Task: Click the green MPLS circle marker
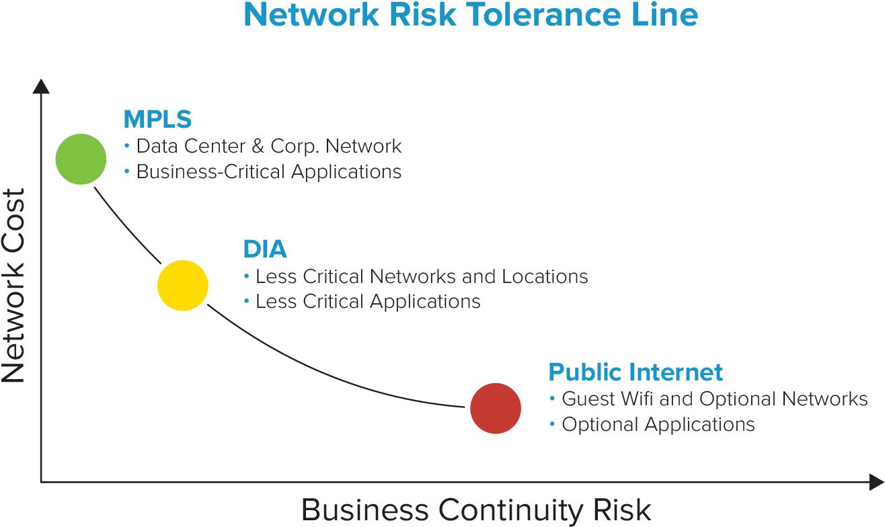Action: pos(81,159)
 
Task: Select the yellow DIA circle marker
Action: pos(182,286)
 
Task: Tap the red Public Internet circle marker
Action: pos(496,408)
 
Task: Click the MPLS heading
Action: pos(157,120)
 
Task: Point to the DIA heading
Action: pos(265,249)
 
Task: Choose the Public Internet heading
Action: pos(636,372)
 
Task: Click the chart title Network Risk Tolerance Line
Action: pos(470,15)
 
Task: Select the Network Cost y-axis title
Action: pos(13,286)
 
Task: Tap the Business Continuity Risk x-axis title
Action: pos(476,510)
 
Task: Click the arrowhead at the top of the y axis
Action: pos(41,86)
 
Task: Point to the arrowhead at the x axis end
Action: pos(876,481)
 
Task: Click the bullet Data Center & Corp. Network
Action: pos(269,146)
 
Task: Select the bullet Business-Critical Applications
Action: pos(269,172)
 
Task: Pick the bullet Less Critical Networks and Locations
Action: pos(422,276)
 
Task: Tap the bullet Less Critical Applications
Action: pos(368,302)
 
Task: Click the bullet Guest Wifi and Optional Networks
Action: pos(714,399)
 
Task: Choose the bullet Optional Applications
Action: pos(658,425)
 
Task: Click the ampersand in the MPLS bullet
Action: pos(258,147)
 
